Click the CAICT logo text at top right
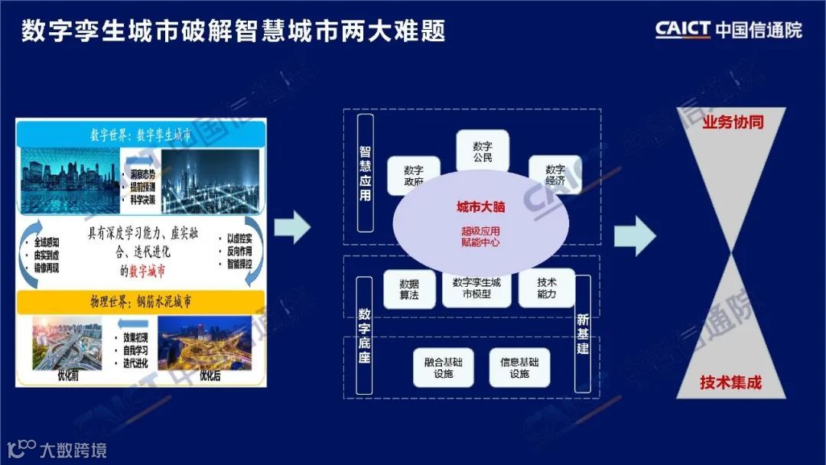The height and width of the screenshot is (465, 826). coord(682,30)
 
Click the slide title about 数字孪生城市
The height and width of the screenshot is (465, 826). coord(233,31)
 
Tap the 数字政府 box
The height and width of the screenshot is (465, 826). coord(413,176)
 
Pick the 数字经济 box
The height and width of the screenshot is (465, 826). coord(555,174)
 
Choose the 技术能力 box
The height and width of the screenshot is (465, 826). coord(547,288)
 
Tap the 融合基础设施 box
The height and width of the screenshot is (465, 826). coord(444,367)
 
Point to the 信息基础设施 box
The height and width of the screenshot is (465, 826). coord(519,367)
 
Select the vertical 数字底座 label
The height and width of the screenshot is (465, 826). coord(365,336)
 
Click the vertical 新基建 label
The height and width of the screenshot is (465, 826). coord(583,334)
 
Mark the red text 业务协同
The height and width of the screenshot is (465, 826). coord(732,122)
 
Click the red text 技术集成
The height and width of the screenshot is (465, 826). coord(731,382)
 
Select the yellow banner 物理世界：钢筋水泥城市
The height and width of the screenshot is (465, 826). coord(142,302)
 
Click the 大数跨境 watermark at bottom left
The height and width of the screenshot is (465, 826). coord(58,449)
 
